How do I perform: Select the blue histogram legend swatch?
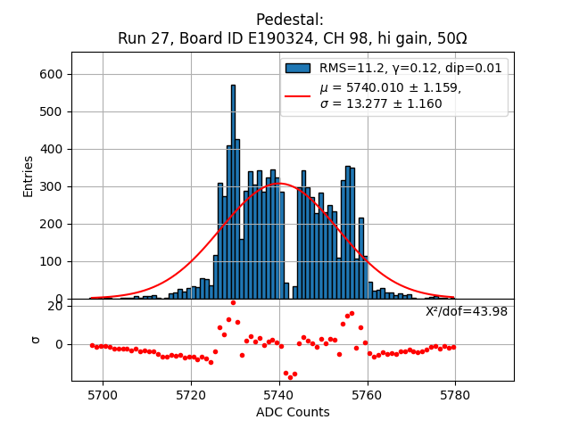point(297,68)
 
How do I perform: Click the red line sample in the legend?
point(297,95)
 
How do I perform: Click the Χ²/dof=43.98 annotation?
point(466,311)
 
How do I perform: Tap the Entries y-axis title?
point(29,176)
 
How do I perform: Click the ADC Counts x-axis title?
point(293,412)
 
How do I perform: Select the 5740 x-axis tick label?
point(279,394)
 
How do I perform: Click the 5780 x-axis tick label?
point(455,394)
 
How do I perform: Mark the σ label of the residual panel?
point(36,339)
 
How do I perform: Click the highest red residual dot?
point(233,302)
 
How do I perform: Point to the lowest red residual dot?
point(290,377)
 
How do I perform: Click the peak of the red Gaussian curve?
point(279,185)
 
